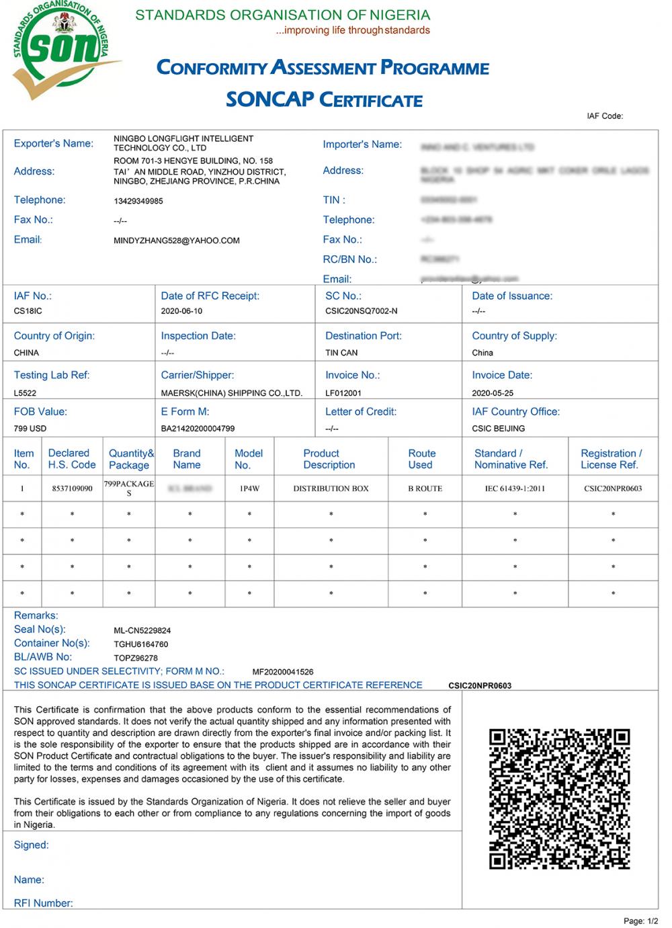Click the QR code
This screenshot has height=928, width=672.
[x=559, y=798]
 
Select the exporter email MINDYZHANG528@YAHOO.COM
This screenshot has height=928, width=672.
[x=177, y=241]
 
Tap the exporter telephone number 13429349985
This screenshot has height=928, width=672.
[x=138, y=201]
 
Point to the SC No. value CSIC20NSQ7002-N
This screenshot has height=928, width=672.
[x=362, y=311]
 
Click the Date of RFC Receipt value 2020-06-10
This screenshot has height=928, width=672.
[x=181, y=311]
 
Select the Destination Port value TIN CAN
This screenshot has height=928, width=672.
[x=341, y=353]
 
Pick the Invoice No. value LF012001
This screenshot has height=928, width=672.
[x=343, y=393]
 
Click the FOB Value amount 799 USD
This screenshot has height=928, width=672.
[x=30, y=429]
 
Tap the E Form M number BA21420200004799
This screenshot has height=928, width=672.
[x=198, y=429]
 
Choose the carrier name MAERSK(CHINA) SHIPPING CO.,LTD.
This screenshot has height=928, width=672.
[x=232, y=393]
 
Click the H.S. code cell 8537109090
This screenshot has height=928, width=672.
[x=72, y=489]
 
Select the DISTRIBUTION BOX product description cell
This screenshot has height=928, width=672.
[x=331, y=489]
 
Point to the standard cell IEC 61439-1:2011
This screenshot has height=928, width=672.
[x=515, y=489]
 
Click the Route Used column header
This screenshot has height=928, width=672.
[x=422, y=459]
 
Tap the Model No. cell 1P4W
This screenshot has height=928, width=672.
[x=249, y=489]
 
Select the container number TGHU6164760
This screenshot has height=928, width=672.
[x=141, y=644]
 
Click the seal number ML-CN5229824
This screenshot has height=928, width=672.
[x=142, y=631]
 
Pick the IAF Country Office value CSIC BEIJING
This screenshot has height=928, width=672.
[x=499, y=429]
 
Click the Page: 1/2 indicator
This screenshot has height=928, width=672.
[x=640, y=921]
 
